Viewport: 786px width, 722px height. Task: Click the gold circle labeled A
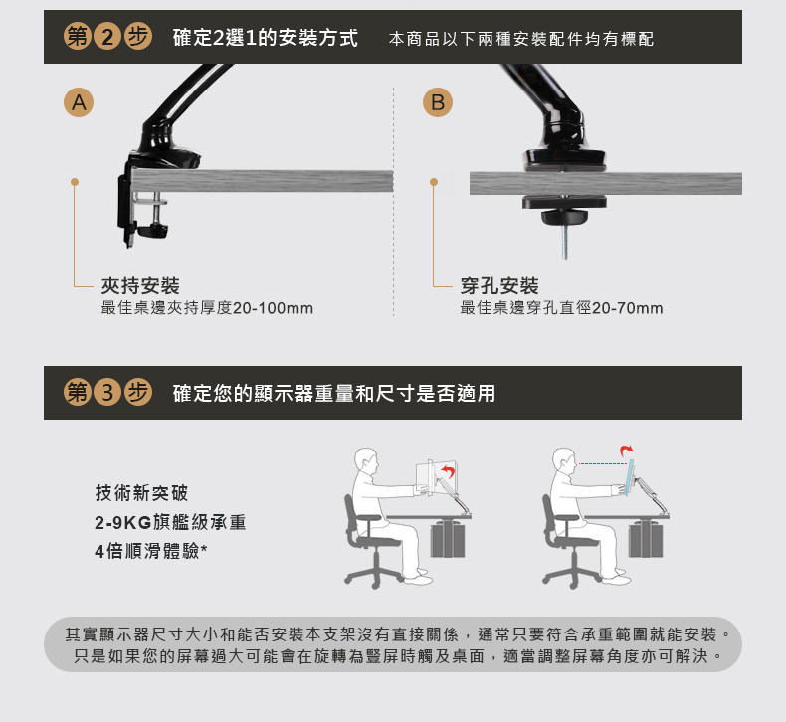tap(79, 102)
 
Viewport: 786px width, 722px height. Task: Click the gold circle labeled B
tap(438, 102)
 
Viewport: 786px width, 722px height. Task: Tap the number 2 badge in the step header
tap(107, 37)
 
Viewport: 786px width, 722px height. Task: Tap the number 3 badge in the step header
tap(107, 392)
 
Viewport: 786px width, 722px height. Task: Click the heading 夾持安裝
tap(140, 286)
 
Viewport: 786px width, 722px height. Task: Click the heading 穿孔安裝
tap(499, 286)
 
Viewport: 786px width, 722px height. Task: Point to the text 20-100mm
tap(274, 308)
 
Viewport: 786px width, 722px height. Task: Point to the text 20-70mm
tap(627, 308)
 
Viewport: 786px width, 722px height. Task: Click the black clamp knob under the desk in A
tap(152, 231)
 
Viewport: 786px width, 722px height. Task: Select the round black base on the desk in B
tap(564, 159)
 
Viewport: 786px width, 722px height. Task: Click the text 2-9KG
tap(122, 522)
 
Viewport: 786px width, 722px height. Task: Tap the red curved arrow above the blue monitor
tap(626, 451)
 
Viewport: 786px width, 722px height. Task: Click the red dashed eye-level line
tap(603, 464)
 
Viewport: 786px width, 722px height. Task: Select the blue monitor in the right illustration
tap(629, 477)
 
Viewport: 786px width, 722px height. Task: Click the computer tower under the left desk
tap(448, 539)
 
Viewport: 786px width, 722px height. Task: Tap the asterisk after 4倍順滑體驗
tap(204, 548)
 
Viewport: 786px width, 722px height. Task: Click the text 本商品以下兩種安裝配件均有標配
tap(521, 39)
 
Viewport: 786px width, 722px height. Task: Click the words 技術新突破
tap(142, 493)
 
